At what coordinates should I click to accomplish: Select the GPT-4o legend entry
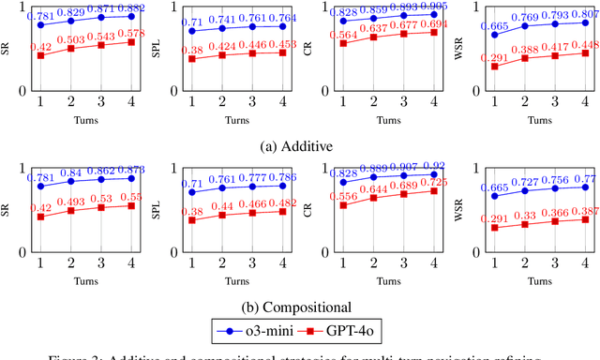click(x=350, y=329)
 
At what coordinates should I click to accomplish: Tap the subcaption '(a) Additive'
click(x=299, y=147)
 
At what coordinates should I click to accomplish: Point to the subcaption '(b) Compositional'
click(x=299, y=307)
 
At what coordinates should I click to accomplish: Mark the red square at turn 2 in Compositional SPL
click(x=222, y=215)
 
